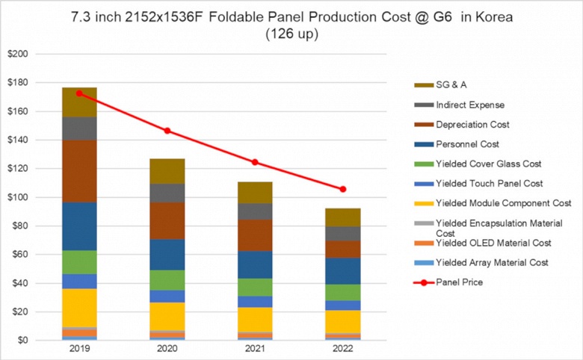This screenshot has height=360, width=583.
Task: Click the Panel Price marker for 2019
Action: point(80,93)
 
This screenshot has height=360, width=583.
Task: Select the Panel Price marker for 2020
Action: point(167,131)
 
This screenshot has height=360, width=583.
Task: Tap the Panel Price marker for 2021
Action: point(256,162)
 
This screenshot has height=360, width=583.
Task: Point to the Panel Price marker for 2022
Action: point(343,189)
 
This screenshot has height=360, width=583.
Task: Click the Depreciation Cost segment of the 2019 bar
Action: point(80,172)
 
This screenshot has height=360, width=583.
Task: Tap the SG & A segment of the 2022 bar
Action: point(343,217)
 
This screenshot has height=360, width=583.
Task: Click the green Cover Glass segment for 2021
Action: point(256,288)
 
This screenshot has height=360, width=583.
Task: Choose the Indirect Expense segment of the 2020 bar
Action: point(167,193)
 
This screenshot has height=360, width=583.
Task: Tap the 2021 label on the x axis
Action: point(256,350)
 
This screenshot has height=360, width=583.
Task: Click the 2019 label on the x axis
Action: point(80,350)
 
